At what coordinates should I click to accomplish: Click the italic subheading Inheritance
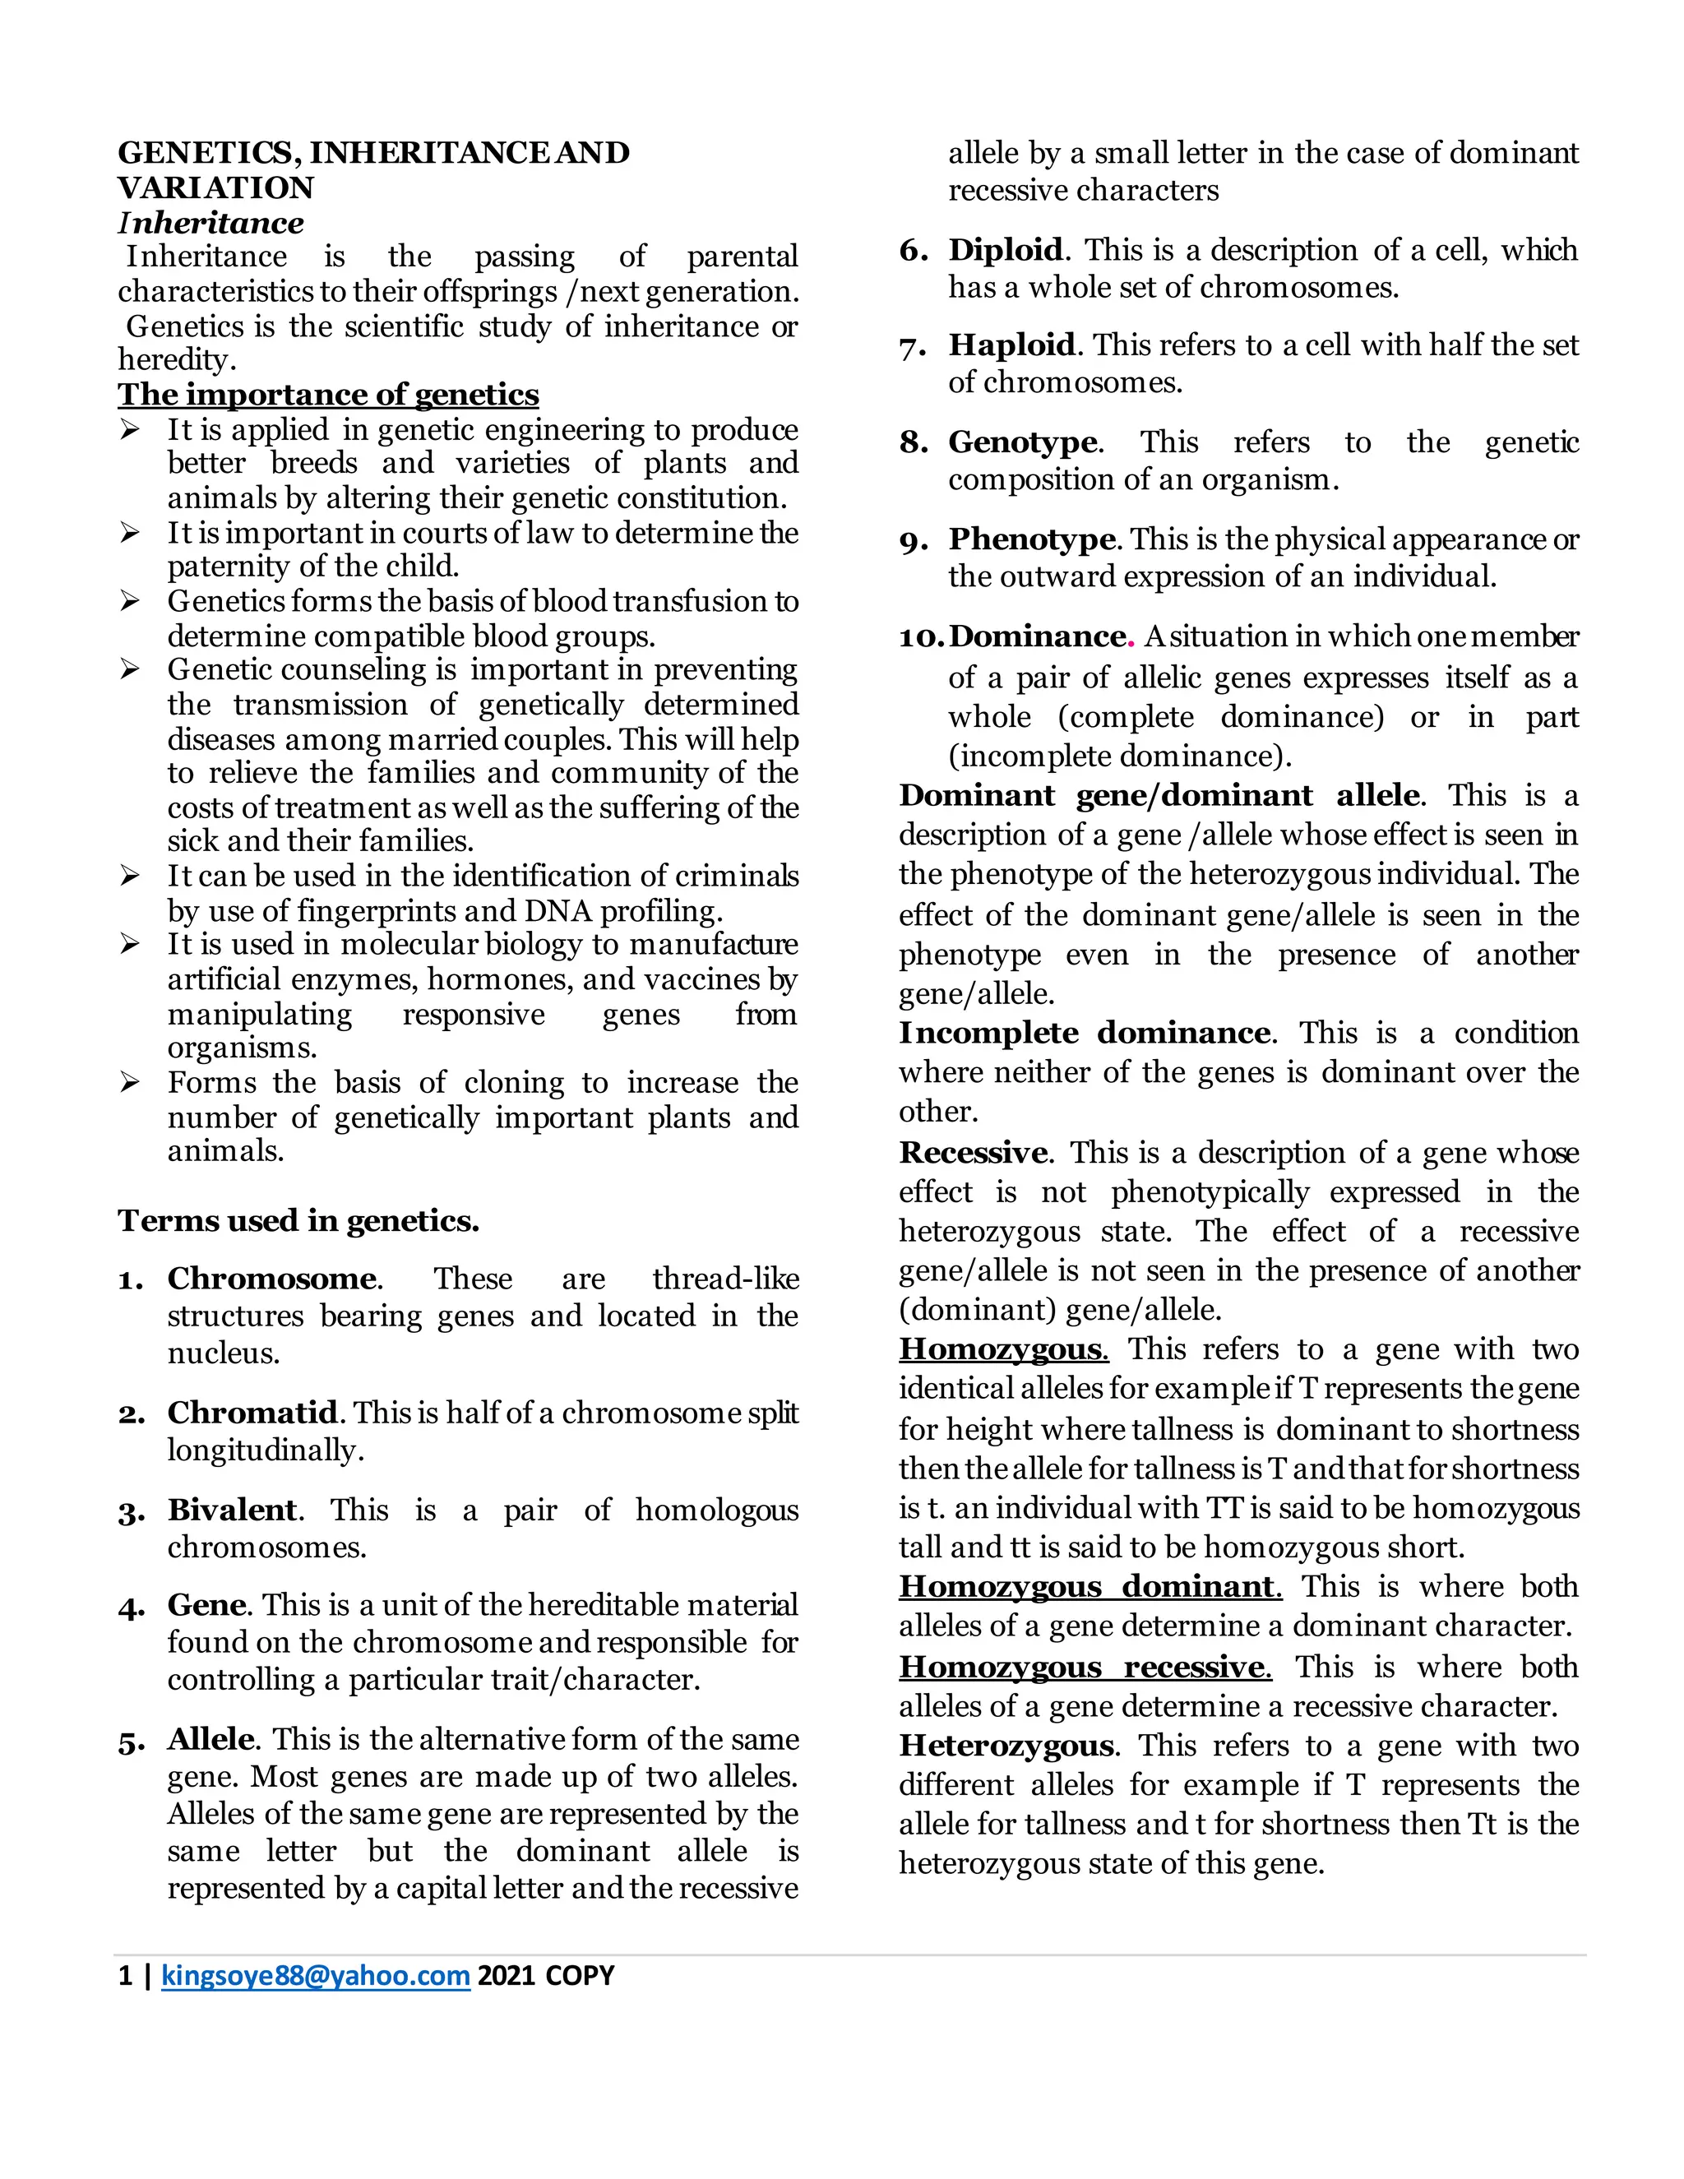[210, 223]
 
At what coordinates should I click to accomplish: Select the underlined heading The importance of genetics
[328, 394]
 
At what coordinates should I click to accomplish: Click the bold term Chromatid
[252, 1412]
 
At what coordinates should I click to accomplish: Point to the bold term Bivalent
[231, 1510]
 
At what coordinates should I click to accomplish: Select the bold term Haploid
[1011, 345]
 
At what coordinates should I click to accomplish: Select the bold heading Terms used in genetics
[298, 1220]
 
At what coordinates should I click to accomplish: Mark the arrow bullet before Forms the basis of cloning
[130, 1083]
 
